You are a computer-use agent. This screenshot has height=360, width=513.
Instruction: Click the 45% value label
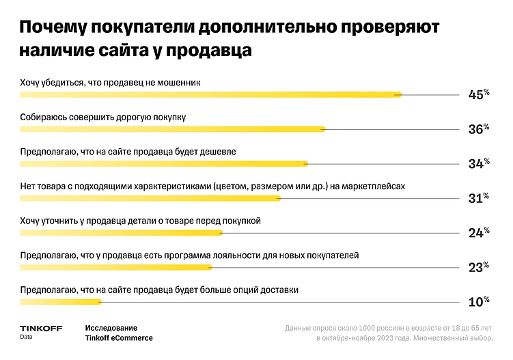[x=477, y=95]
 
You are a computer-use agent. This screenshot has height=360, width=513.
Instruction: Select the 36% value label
[x=477, y=129]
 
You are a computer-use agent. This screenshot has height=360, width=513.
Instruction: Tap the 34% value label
[x=477, y=163]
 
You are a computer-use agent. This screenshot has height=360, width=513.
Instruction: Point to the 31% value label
[x=477, y=198]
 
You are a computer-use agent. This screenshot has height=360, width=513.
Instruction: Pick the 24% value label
[x=477, y=233]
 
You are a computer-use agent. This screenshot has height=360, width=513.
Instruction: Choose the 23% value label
[x=477, y=267]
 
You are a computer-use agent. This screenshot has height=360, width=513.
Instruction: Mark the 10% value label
[x=477, y=301]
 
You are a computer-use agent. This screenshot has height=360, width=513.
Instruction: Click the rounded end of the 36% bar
[x=322, y=129]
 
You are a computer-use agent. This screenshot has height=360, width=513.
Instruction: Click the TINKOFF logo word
[x=41, y=328]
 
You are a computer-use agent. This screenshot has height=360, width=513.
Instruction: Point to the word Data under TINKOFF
[x=26, y=337]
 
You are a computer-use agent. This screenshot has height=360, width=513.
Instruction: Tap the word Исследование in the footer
[x=111, y=328]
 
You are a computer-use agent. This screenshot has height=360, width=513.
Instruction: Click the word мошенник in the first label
[x=179, y=83]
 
